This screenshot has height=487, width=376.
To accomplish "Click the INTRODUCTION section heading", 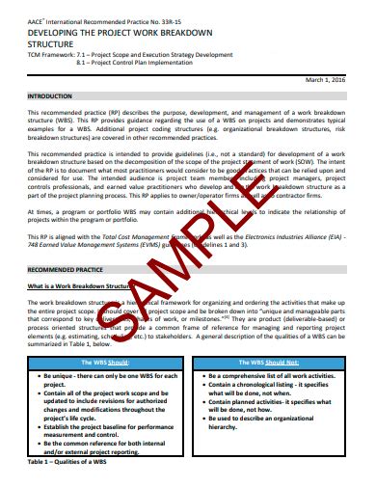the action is pos(49,96).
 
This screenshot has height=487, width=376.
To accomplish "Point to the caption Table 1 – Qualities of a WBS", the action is pos(67,463).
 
